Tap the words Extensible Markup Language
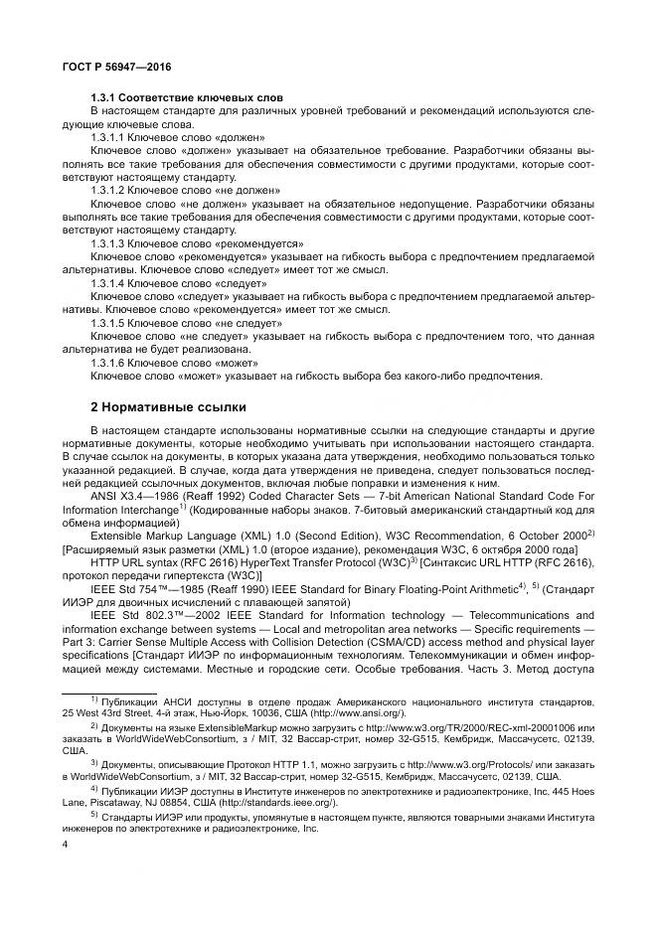(165, 534)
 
